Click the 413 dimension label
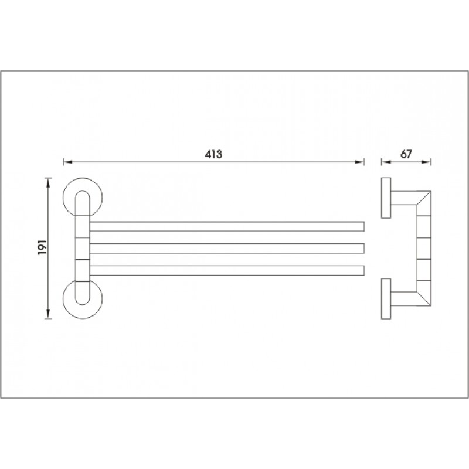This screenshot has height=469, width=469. coord(213,154)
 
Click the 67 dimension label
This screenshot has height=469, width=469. coord(406,154)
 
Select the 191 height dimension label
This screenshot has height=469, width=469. coord(42,247)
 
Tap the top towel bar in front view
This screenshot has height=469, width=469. coord(227,226)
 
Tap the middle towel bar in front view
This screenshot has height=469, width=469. coord(227,248)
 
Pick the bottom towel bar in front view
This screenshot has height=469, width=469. coord(227,270)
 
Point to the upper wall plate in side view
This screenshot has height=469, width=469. coord(386,198)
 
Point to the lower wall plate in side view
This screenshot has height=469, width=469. coord(386,299)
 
